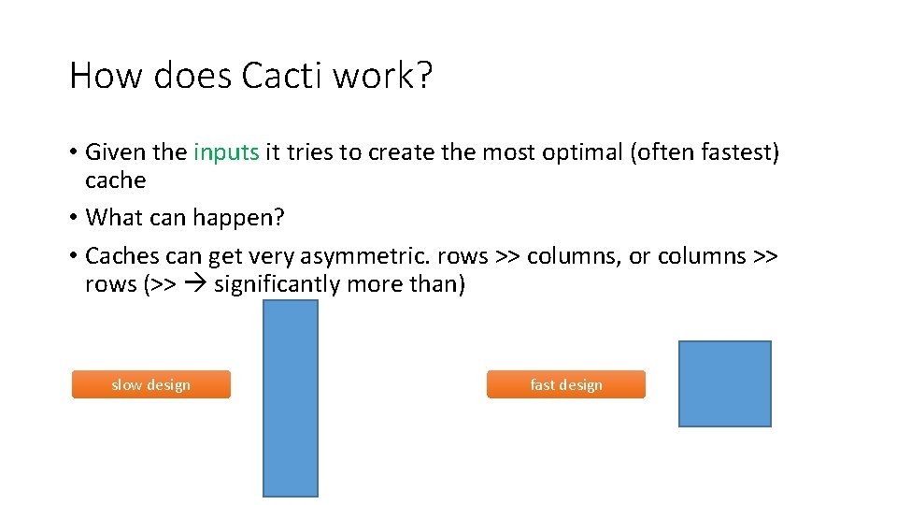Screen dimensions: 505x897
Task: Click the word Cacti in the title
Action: click(x=280, y=76)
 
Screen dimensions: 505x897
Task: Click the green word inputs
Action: click(x=226, y=152)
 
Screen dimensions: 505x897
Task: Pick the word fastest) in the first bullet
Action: click(x=733, y=152)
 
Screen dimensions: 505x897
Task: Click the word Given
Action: click(x=116, y=152)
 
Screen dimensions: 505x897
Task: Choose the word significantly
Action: click(x=280, y=284)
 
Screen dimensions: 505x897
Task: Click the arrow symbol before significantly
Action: click(x=196, y=284)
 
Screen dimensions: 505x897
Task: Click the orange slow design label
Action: click(x=150, y=384)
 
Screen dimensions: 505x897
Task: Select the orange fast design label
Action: click(x=565, y=384)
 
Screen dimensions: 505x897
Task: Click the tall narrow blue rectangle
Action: click(x=291, y=397)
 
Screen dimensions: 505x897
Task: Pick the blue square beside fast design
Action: click(x=724, y=383)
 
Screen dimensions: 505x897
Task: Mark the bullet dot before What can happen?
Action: click(x=73, y=219)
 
